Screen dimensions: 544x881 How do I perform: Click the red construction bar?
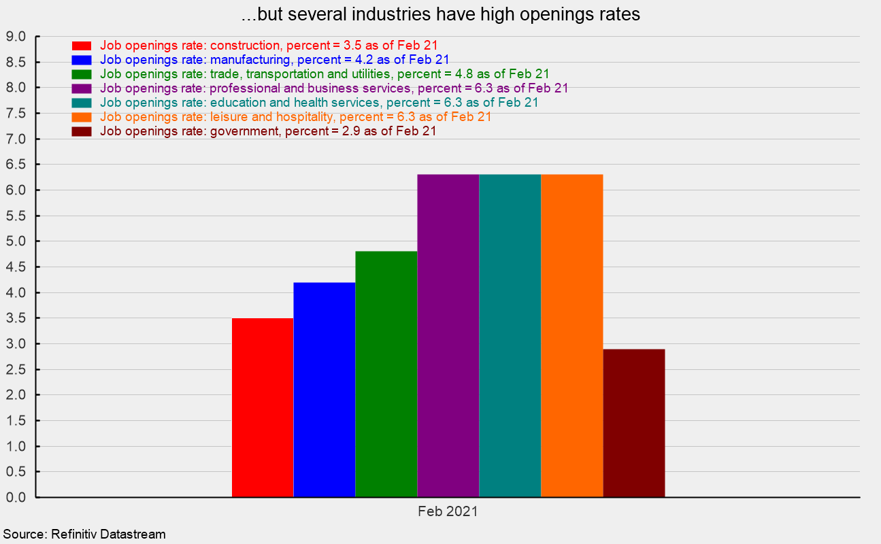coord(263,407)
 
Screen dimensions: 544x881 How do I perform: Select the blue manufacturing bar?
coord(325,390)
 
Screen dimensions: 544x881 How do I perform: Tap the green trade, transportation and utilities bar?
coord(386,374)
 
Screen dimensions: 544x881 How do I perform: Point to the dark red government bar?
coord(634,423)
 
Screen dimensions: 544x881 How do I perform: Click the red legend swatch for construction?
coord(81,46)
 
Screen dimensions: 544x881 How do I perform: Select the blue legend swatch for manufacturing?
coord(81,60)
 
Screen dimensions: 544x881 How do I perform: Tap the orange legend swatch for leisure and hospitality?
coord(81,117)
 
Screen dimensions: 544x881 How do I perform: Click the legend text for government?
coord(268,131)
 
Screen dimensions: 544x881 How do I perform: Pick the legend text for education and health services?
coord(319,103)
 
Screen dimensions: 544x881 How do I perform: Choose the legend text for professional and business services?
coord(334,88)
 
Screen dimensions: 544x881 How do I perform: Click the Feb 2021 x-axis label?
coord(448,511)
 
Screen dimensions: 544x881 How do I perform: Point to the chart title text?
coord(440,14)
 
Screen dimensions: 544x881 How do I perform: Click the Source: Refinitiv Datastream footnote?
coord(84,534)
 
